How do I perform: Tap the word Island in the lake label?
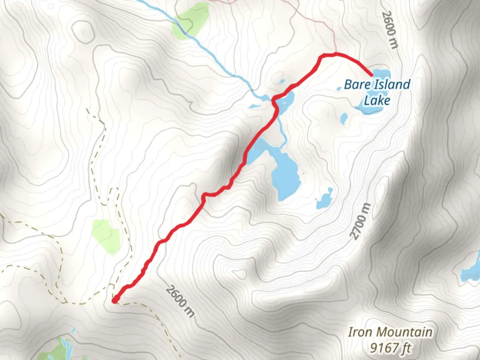392,84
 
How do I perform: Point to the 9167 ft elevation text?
390,348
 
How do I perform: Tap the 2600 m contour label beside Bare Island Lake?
390,30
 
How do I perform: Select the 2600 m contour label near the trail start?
180,301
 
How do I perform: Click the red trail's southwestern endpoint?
115,300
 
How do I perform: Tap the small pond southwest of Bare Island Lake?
344,118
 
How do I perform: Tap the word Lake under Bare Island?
377,100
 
